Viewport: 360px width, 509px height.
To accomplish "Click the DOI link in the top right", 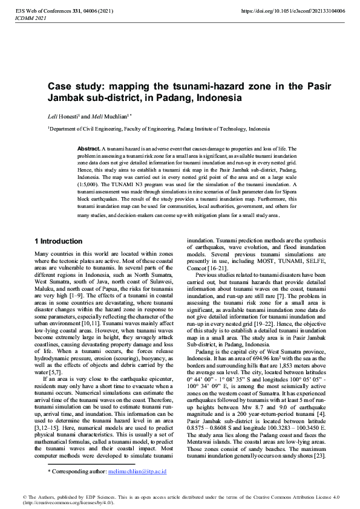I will tap(293, 11).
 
